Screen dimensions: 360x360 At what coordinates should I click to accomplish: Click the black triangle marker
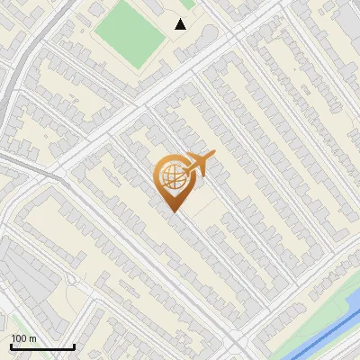click(x=181, y=24)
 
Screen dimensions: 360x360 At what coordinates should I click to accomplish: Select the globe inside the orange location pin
click(x=174, y=177)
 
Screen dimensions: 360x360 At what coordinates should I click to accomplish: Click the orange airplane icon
click(x=199, y=164)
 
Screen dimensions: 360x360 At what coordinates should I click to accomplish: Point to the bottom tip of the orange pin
click(x=174, y=211)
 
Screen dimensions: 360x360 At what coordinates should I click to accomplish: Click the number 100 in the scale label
click(x=20, y=338)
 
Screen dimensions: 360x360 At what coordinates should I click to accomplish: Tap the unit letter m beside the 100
click(x=33, y=338)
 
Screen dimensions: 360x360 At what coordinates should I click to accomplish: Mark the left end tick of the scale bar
click(x=11, y=346)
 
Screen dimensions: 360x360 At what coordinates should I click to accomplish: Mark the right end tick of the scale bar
click(x=74, y=346)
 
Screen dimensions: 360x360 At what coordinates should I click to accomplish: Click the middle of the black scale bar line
click(x=42, y=347)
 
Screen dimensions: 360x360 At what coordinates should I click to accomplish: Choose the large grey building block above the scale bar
click(x=22, y=274)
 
